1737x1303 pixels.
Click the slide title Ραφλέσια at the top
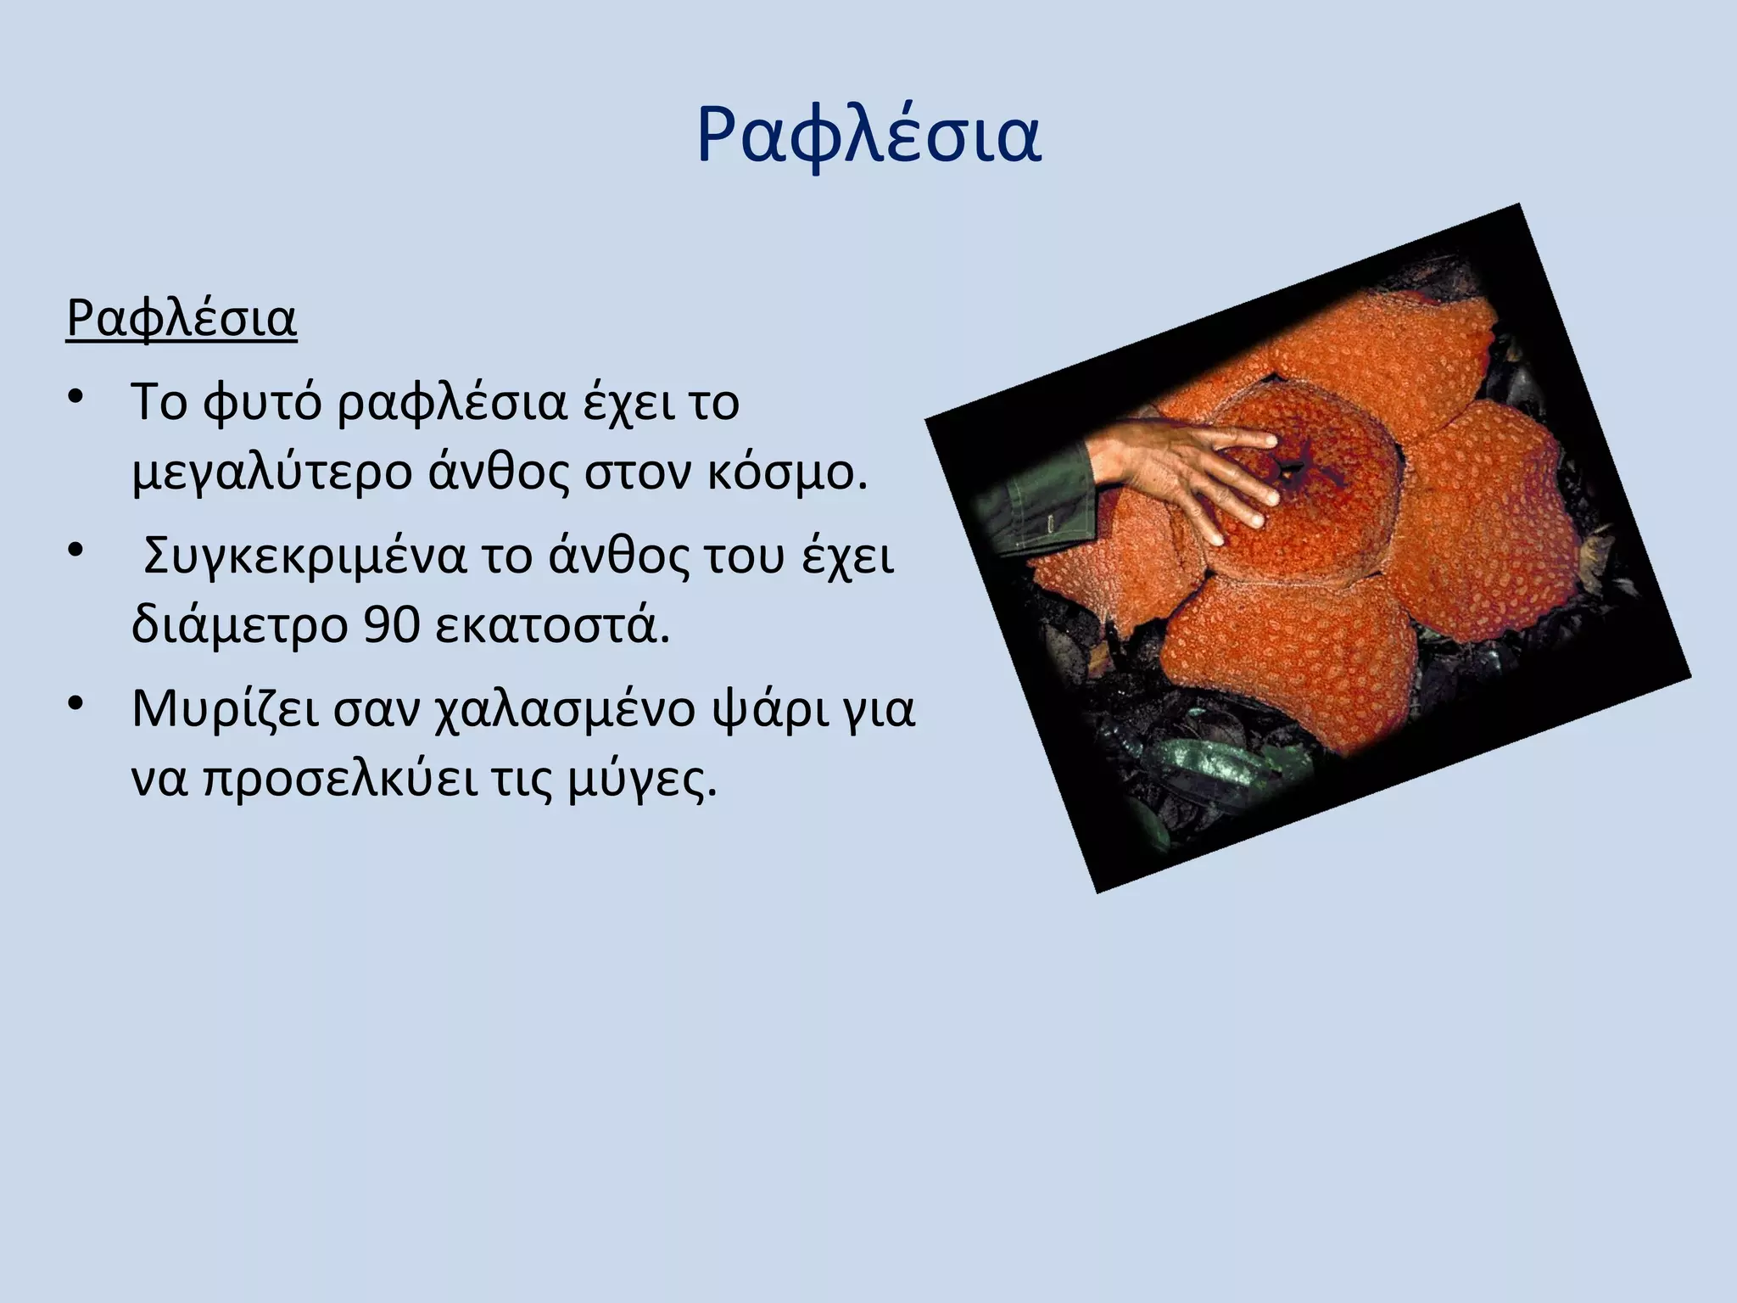868,136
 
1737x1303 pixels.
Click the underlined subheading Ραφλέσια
182,319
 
